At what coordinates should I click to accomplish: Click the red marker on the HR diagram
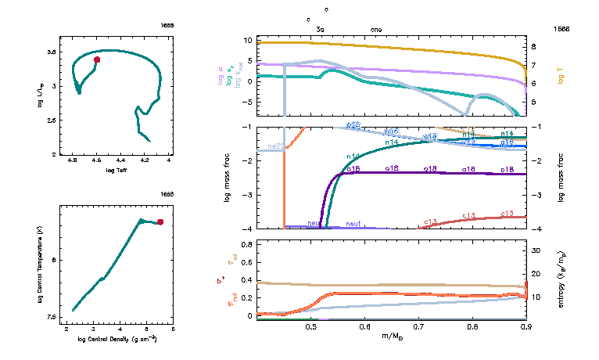click(97, 59)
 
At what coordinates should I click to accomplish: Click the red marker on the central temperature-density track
click(160, 222)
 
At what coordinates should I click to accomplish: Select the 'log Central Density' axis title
click(117, 340)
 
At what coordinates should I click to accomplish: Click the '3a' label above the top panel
click(320, 29)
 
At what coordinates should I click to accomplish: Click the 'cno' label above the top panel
click(375, 29)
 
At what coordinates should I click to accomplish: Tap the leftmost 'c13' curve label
click(430, 222)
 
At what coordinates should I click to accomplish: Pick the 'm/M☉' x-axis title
click(391, 337)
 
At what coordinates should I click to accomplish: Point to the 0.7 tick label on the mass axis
click(418, 326)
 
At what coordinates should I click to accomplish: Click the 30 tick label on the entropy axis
click(536, 251)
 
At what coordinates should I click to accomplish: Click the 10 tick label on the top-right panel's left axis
click(247, 39)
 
